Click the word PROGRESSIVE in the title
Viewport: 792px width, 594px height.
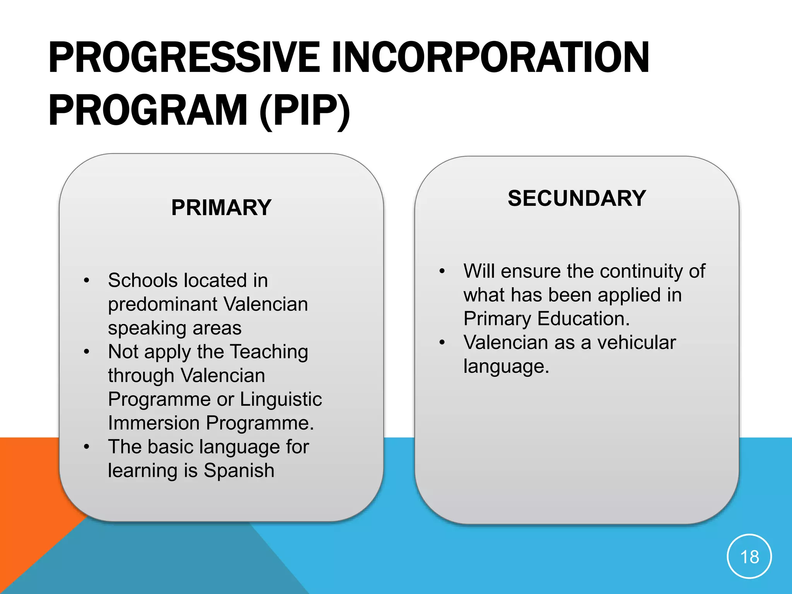pos(184,58)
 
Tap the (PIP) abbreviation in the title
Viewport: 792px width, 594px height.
pos(305,111)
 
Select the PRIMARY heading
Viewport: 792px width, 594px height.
pos(221,208)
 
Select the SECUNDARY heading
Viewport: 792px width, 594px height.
pos(577,198)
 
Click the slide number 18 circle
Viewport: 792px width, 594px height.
pos(749,557)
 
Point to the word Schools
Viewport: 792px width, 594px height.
pos(143,280)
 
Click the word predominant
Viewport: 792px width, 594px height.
pos(162,304)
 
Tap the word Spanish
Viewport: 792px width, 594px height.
pos(239,471)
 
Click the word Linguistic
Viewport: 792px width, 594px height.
pos(281,399)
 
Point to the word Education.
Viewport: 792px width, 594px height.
pos(584,319)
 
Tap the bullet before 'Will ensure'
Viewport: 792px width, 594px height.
pos(442,271)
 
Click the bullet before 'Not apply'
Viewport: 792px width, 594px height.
pos(87,352)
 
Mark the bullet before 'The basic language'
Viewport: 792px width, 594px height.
pos(87,447)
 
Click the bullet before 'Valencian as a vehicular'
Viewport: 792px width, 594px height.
pos(442,343)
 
